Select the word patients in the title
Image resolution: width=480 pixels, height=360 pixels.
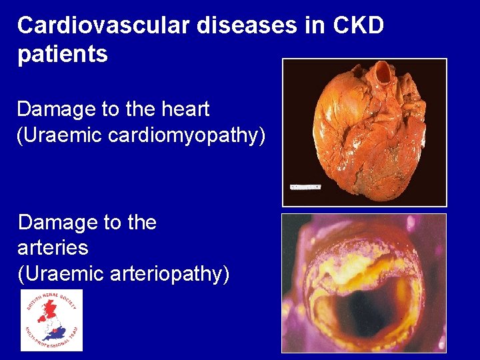pyautogui.click(x=62, y=55)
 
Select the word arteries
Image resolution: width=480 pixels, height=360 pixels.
pyautogui.click(x=53, y=248)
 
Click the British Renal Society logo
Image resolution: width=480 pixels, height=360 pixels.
pyautogui.click(x=51, y=320)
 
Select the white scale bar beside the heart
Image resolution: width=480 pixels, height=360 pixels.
pyautogui.click(x=305, y=187)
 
